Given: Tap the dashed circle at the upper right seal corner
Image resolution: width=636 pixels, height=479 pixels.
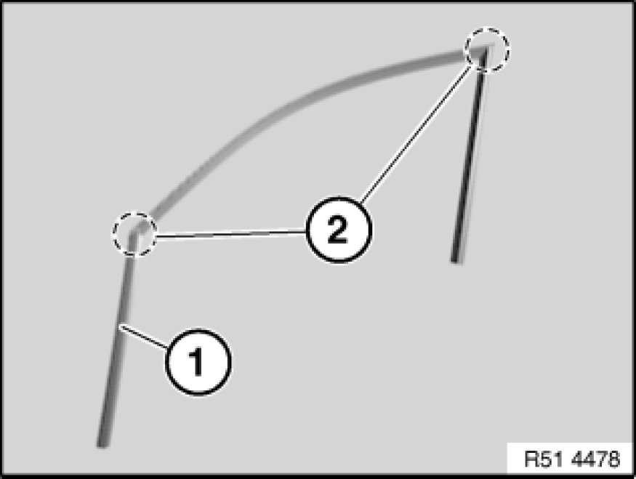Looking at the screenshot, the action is point(488,49).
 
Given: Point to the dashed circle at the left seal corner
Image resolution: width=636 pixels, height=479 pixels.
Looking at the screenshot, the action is point(134,234).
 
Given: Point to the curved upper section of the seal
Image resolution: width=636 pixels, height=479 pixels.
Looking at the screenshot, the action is point(291,102).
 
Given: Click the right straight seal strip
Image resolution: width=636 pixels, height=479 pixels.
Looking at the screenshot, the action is point(467,160).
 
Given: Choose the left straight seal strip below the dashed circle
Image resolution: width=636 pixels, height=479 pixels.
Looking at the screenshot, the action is point(116,342).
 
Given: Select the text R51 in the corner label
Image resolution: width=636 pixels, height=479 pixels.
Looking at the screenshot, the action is point(546,459).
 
